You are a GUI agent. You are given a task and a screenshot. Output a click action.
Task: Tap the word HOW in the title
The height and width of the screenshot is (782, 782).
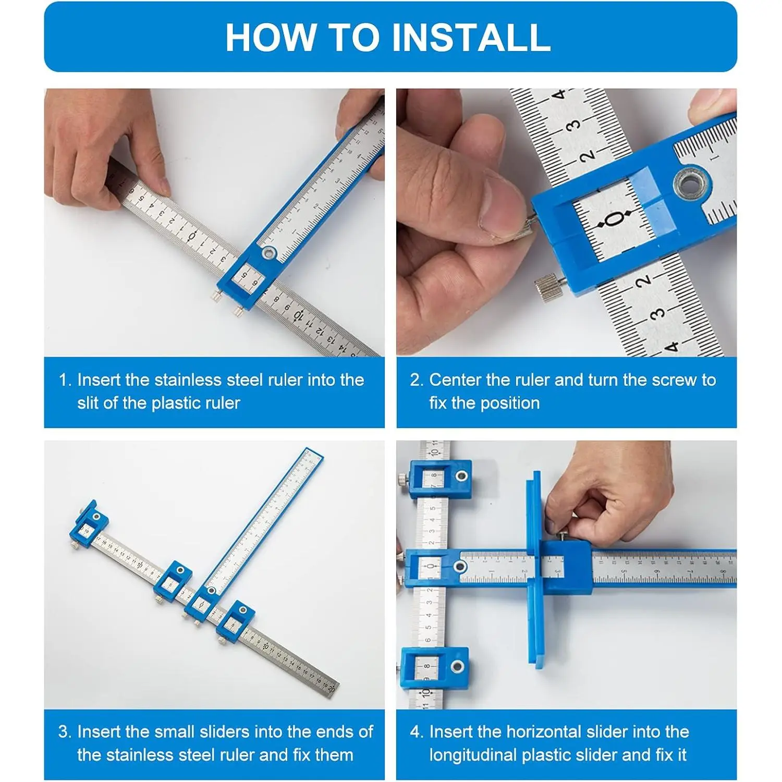[x=271, y=37]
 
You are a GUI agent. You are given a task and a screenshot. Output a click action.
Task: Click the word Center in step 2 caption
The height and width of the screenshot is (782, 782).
[x=455, y=380]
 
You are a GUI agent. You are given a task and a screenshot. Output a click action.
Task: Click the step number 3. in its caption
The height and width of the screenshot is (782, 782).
[x=65, y=731]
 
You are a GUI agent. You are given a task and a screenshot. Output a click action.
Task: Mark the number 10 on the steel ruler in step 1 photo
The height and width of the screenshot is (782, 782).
[x=298, y=315]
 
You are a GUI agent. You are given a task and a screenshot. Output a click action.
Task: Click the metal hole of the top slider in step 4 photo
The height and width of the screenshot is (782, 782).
[x=461, y=476]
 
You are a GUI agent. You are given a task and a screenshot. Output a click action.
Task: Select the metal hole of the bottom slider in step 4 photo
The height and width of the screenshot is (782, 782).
[x=457, y=666]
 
